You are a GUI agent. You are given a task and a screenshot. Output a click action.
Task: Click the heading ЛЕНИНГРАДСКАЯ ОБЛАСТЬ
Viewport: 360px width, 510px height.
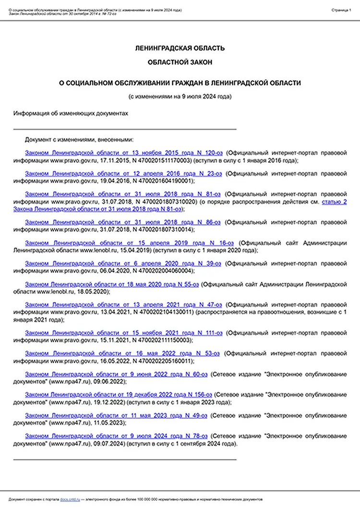point(180,48)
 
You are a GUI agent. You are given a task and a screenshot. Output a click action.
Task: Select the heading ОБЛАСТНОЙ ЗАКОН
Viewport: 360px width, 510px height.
point(180,62)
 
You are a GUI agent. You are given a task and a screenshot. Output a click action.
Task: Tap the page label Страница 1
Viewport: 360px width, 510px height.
point(341,10)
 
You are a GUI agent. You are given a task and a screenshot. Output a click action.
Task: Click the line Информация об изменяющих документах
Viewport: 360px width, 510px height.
point(71,113)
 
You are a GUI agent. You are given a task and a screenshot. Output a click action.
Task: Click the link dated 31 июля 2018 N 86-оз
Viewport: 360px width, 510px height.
point(122,222)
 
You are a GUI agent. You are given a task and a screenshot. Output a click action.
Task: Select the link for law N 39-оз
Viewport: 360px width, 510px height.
point(123,264)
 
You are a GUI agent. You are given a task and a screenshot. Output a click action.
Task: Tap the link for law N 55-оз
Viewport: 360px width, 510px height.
point(112,284)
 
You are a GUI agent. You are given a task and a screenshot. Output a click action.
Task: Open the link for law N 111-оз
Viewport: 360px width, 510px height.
point(123,333)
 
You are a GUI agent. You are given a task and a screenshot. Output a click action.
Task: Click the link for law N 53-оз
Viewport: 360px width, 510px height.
point(122,353)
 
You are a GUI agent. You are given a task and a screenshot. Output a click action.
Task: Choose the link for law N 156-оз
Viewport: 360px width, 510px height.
point(118,395)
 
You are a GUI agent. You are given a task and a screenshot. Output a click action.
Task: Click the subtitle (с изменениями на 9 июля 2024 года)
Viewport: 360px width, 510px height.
point(180,96)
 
